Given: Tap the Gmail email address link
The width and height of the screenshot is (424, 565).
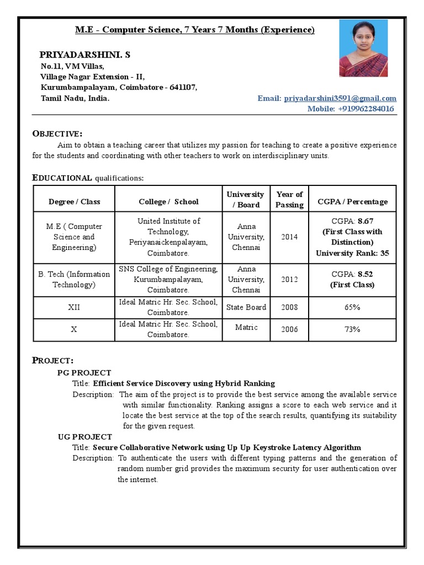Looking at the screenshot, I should (x=340, y=98).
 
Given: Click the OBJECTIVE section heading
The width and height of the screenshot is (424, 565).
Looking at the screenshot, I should (x=57, y=134).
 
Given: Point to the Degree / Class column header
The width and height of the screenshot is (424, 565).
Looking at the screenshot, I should (x=75, y=201).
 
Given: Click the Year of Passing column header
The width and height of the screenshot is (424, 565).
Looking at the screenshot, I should (x=289, y=199).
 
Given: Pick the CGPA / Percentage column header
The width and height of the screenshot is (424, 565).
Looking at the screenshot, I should (x=352, y=201).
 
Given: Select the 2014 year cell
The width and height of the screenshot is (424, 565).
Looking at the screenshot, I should (x=289, y=237).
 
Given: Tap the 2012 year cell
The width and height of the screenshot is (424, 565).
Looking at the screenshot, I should (x=289, y=279).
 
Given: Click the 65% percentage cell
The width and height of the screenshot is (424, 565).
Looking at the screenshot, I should (x=352, y=307).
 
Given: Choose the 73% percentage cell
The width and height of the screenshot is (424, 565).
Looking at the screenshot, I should (x=352, y=329).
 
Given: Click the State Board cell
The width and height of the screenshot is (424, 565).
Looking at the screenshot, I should (x=246, y=307).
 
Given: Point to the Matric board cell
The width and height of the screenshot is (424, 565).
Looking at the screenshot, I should (x=246, y=327).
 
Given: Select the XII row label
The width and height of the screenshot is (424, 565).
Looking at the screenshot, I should (x=74, y=307).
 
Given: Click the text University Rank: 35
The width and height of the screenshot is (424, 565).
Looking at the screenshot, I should (x=352, y=253).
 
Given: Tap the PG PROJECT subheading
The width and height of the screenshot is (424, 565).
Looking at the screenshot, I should (x=84, y=372).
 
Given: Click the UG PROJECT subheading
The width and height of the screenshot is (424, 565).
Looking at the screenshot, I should (x=84, y=436).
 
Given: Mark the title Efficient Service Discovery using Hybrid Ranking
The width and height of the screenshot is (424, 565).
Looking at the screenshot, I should (x=184, y=383).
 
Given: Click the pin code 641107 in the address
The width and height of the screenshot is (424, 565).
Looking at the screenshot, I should (x=183, y=87).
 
